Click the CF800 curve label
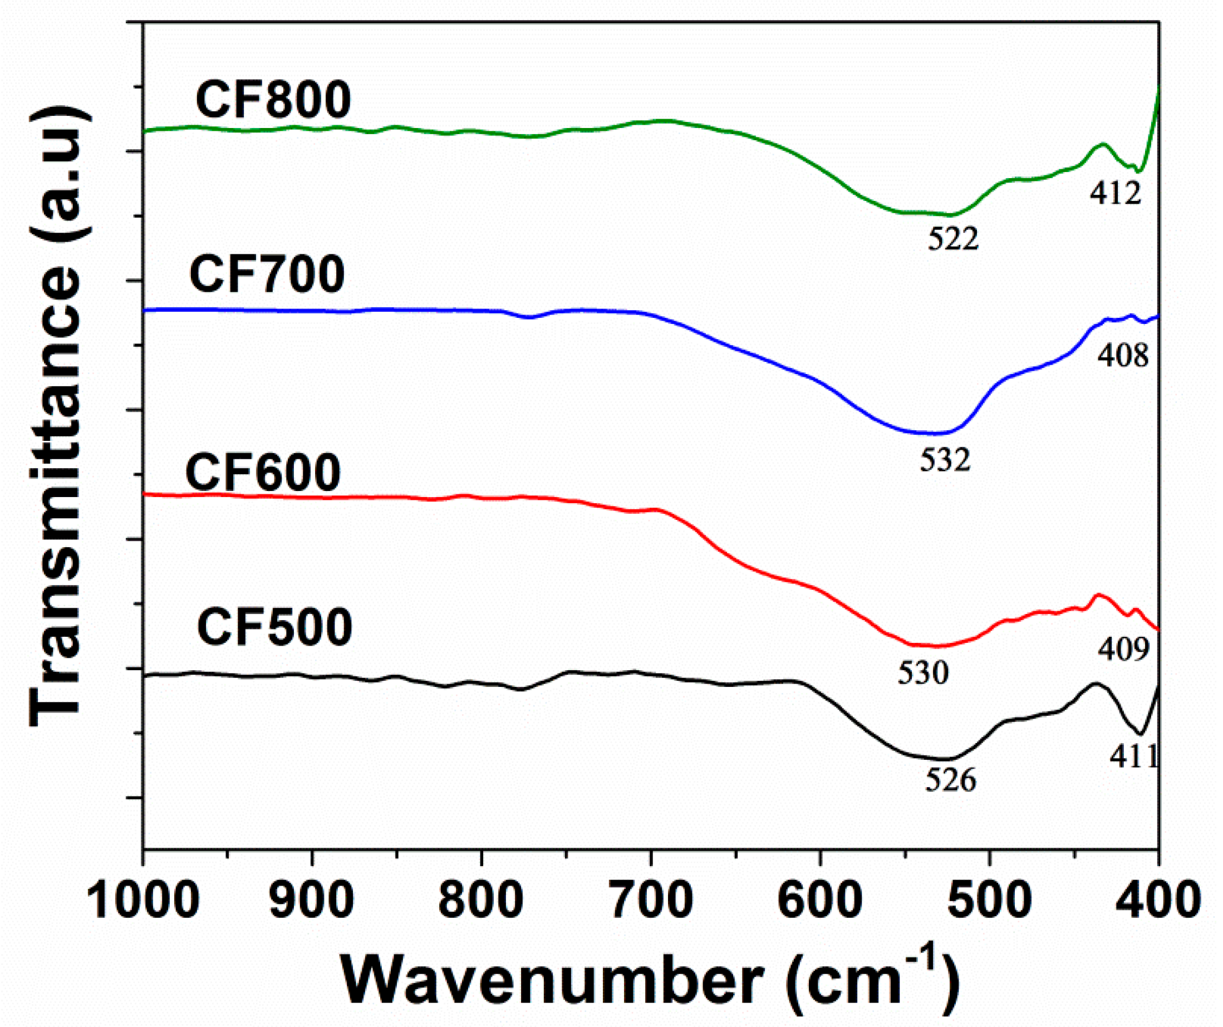pos(274,101)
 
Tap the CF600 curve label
pos(263,473)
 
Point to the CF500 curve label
pos(275,628)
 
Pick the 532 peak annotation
pos(946,460)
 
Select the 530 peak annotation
pos(923,674)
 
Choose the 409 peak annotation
pos(1123,649)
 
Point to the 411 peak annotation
pos(1133,758)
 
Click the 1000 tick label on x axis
pos(144,901)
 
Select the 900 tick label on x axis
pos(313,901)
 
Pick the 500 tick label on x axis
pos(989,901)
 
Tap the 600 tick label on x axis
pos(821,901)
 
